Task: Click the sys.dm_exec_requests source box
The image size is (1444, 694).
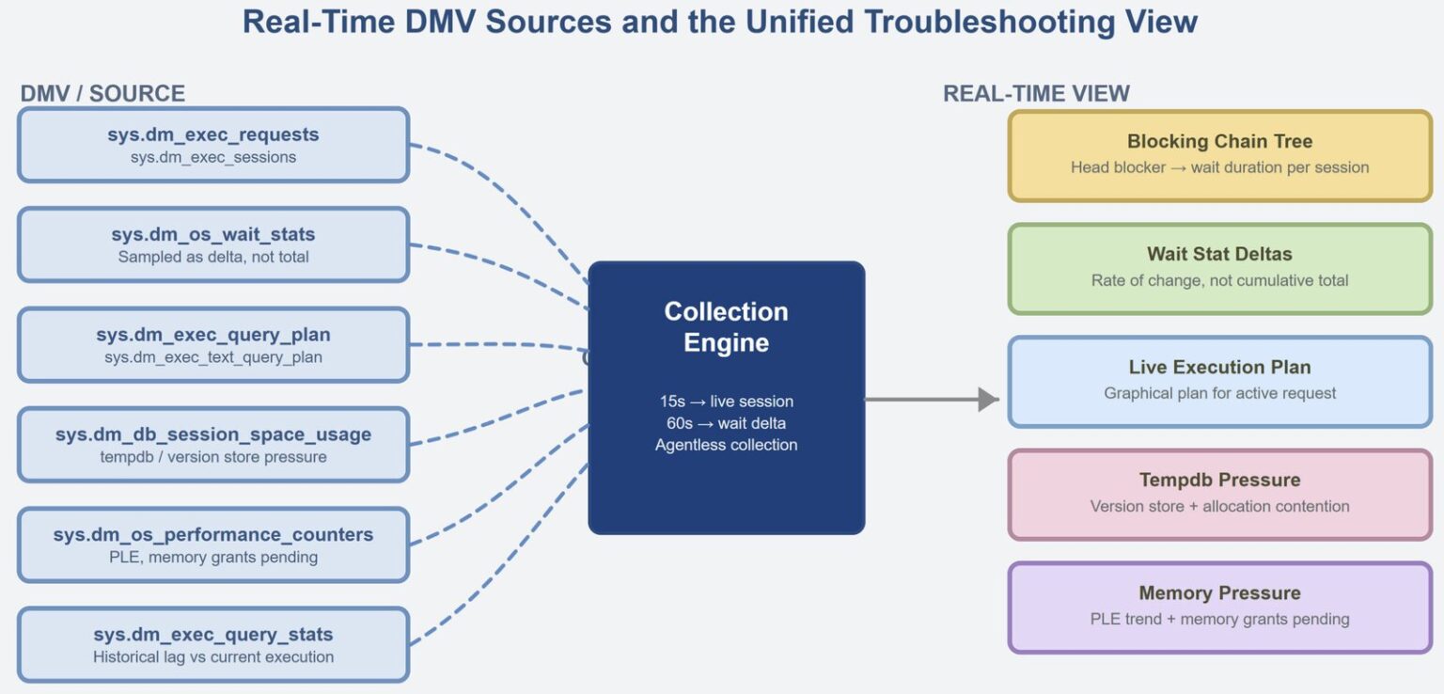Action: (x=213, y=145)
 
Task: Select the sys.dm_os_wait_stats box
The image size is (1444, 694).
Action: (x=213, y=244)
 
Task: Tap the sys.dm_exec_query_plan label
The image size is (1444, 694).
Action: (x=213, y=335)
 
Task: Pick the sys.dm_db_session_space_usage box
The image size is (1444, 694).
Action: (x=213, y=445)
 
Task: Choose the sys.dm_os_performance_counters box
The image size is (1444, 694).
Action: (x=213, y=545)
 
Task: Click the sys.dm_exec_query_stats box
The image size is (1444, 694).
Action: (x=213, y=645)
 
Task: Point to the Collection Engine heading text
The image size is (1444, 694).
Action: (x=726, y=326)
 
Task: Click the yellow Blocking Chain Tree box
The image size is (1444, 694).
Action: (x=1219, y=155)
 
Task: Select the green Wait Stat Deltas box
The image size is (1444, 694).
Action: (x=1219, y=268)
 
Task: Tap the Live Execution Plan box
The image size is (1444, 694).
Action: (x=1219, y=381)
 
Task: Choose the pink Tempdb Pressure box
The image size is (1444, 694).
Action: (x=1219, y=494)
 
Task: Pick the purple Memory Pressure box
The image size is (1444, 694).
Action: (x=1219, y=607)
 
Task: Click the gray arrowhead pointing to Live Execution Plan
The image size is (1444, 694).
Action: (x=987, y=400)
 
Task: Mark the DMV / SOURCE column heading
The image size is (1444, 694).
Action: (x=102, y=93)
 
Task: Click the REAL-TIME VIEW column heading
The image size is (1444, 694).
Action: (x=1036, y=93)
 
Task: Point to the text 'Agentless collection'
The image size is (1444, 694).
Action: (x=726, y=445)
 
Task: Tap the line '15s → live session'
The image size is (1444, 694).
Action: (x=726, y=402)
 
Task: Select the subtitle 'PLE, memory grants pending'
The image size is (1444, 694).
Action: (x=213, y=558)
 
